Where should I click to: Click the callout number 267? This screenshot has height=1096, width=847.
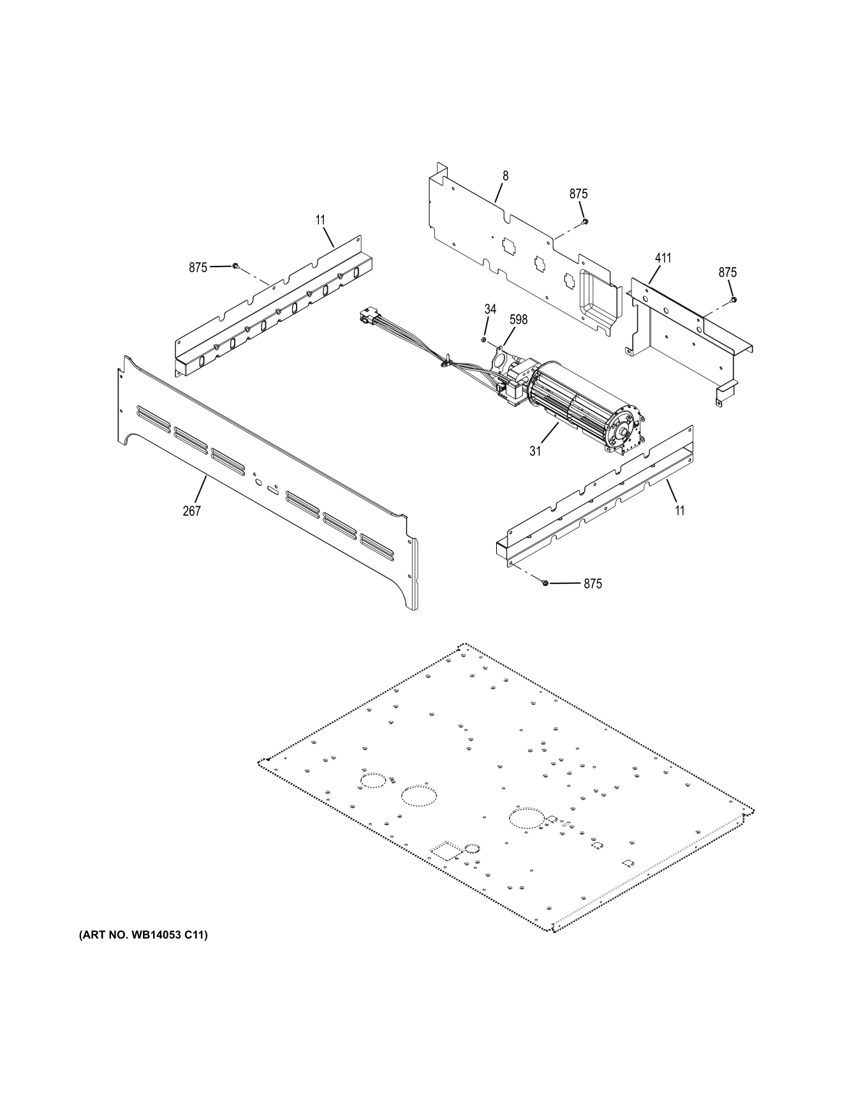(x=191, y=510)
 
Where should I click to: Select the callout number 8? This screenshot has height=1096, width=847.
(x=505, y=175)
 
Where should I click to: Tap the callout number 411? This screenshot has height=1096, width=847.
(x=663, y=258)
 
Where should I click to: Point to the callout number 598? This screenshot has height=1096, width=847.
(x=518, y=319)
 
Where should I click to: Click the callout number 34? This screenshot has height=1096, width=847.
(x=490, y=309)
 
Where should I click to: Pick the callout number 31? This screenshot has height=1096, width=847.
(x=534, y=450)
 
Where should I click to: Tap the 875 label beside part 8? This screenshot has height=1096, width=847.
(x=578, y=194)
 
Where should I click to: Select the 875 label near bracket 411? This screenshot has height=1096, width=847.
(x=727, y=272)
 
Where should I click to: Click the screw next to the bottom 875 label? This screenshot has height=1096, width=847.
(x=545, y=583)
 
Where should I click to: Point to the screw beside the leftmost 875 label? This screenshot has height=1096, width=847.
(x=236, y=266)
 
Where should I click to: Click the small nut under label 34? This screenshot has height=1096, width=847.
(x=484, y=340)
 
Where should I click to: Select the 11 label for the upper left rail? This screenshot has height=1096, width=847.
(x=320, y=220)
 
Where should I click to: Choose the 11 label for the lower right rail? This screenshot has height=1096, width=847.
(x=680, y=510)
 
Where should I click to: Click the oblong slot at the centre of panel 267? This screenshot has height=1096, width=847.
(x=272, y=491)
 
